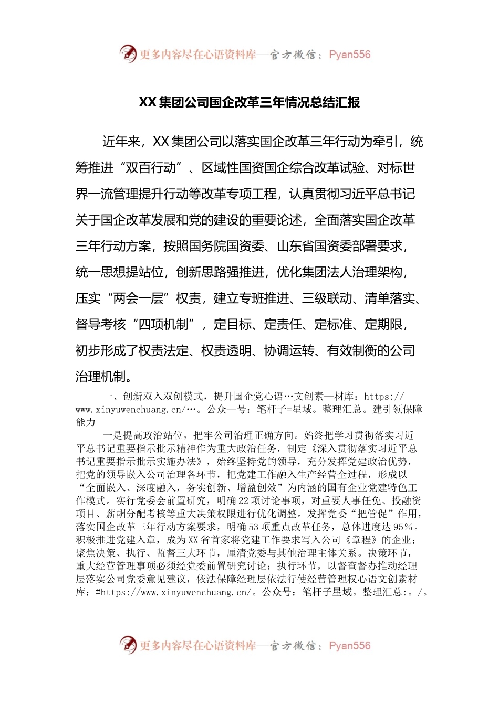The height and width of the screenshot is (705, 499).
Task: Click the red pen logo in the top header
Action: pos(127,54)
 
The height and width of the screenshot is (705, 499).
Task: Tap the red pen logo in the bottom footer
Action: pos(127,645)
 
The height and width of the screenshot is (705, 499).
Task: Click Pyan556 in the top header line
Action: pos(349,55)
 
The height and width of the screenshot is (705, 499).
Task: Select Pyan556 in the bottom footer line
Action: pos(349,646)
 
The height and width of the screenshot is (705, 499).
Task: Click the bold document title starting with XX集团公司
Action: pos(249,102)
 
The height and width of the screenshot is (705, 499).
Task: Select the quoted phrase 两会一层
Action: pos(138,298)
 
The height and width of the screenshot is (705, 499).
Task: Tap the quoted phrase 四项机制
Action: pos(163,325)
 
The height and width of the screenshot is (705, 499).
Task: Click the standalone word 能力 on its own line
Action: pos(86,422)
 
